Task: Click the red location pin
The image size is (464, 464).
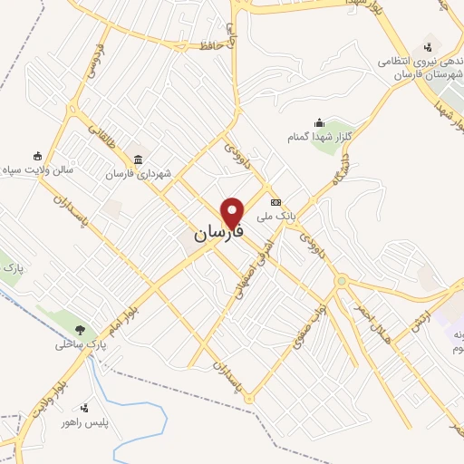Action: [x=234, y=213]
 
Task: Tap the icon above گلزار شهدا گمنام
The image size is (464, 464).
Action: [x=318, y=122]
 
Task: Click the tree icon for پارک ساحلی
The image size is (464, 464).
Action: [x=82, y=330]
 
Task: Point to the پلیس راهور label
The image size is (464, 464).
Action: [x=84, y=422]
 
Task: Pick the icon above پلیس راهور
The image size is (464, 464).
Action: [x=85, y=408]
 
